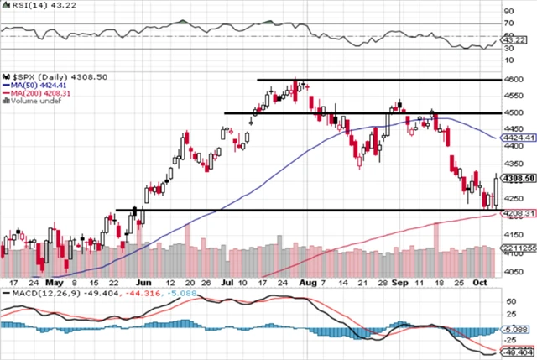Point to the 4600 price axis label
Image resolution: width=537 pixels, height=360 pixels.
[513, 79]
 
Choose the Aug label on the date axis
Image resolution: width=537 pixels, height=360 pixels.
[310, 284]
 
